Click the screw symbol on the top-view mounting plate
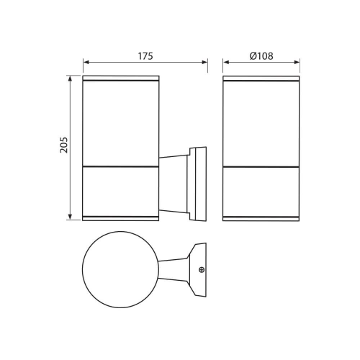201,270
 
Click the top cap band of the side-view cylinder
120,78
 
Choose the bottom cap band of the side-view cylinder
120,216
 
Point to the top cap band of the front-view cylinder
262,78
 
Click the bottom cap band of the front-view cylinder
262,216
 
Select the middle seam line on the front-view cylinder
262,168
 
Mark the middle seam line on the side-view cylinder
120,168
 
